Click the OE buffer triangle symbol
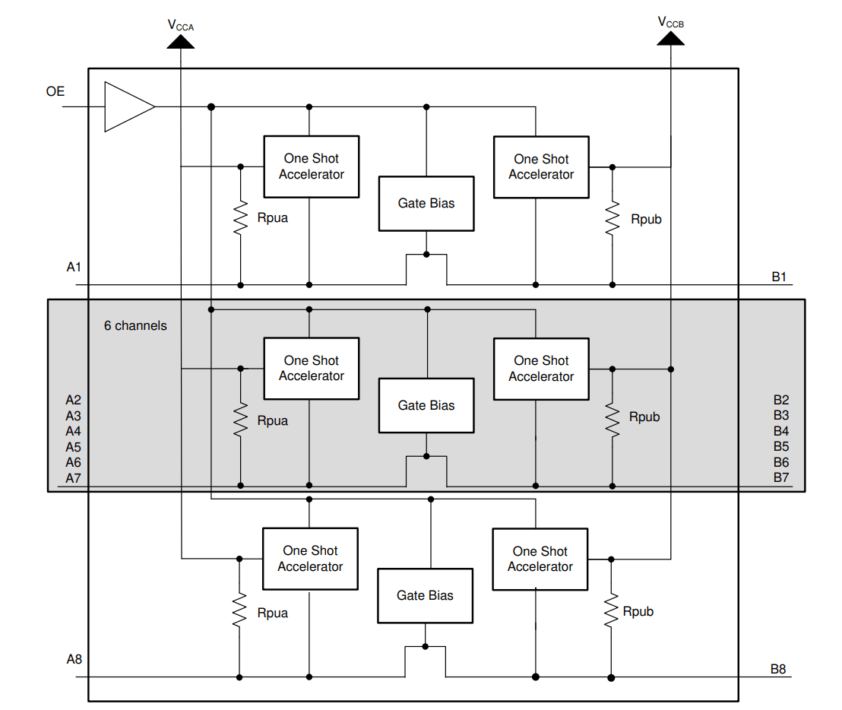coord(126,106)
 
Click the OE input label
coord(55,91)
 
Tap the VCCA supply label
coord(181,25)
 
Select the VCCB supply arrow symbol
coord(671,39)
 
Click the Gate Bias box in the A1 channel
coord(426,203)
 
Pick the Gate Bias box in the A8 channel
coord(425,595)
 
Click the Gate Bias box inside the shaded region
coord(426,405)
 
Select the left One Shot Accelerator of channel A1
coord(311,166)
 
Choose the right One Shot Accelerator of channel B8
coord(540,559)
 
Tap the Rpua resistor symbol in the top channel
coord(240,217)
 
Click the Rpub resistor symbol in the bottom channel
coord(611,611)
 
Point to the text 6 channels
coord(135,325)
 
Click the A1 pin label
coord(74,267)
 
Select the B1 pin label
coord(779,276)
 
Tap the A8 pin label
coord(74,659)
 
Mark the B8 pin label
coord(778,669)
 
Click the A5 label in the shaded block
coord(73,447)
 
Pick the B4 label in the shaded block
coord(781,431)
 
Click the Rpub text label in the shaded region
coord(644,417)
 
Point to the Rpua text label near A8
coord(273,613)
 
